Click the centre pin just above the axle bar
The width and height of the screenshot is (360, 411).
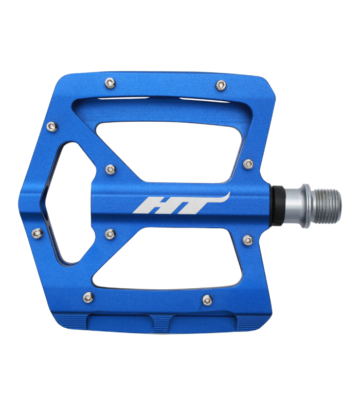click(x=110, y=169)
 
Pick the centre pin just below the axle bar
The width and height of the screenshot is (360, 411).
click(x=110, y=234)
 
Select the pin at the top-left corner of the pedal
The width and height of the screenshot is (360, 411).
click(x=109, y=82)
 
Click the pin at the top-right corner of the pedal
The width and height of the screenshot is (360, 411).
click(x=221, y=85)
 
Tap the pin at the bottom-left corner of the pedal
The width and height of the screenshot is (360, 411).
click(x=88, y=297)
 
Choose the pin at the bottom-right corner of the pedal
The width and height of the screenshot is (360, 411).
click(x=207, y=300)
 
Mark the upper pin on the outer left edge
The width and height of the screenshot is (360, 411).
click(x=50, y=126)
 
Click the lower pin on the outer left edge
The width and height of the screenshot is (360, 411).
click(x=37, y=234)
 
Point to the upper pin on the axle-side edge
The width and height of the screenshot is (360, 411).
click(x=248, y=164)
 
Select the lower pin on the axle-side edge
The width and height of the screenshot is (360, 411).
click(x=248, y=239)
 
